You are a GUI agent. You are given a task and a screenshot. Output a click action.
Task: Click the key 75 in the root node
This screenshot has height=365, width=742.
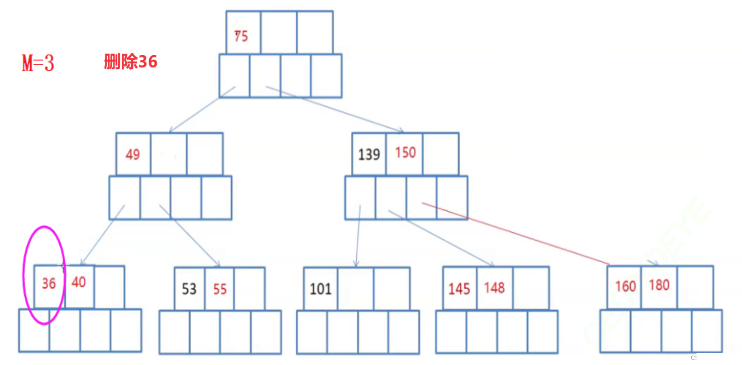click(x=241, y=36)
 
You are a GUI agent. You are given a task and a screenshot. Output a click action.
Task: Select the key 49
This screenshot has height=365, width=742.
click(x=133, y=155)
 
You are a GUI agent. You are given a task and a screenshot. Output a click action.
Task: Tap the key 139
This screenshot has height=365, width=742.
click(x=369, y=155)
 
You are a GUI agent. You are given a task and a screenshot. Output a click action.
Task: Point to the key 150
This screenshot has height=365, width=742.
click(x=405, y=152)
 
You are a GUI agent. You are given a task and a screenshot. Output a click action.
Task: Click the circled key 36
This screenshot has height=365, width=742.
click(x=49, y=283)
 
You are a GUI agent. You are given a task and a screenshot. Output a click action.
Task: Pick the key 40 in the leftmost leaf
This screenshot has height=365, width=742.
click(x=78, y=282)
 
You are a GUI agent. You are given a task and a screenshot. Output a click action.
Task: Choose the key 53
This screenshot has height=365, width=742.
click(x=189, y=289)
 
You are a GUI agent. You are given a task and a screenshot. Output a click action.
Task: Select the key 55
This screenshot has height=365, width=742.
click(x=220, y=289)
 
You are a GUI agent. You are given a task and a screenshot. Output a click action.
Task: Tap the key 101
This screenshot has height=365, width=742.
click(x=321, y=289)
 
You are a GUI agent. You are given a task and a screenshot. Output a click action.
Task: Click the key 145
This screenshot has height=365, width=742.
click(x=459, y=289)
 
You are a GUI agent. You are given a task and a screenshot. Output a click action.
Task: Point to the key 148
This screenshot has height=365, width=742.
click(x=494, y=287)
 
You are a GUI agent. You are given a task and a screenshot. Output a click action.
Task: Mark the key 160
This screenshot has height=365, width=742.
click(x=625, y=287)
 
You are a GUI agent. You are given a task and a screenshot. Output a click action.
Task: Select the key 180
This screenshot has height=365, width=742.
click(x=659, y=285)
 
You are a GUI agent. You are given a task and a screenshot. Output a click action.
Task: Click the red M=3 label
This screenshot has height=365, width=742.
click(x=38, y=63)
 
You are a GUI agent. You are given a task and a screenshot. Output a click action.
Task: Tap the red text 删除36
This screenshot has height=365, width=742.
click(x=130, y=62)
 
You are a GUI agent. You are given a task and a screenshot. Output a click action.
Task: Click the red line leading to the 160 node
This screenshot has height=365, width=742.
click(x=515, y=233)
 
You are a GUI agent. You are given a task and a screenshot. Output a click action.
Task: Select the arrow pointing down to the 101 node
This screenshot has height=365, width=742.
click(x=358, y=237)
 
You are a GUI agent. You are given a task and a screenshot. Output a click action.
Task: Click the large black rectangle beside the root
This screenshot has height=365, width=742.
click(x=551, y=69)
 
